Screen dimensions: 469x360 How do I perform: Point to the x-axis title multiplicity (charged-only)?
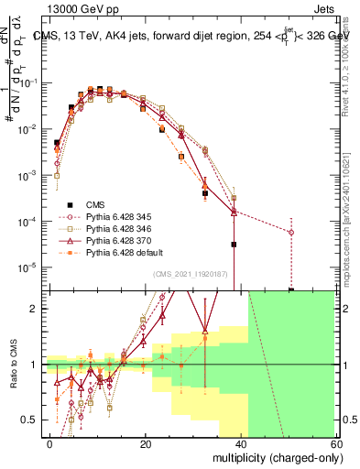(274, 456)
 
